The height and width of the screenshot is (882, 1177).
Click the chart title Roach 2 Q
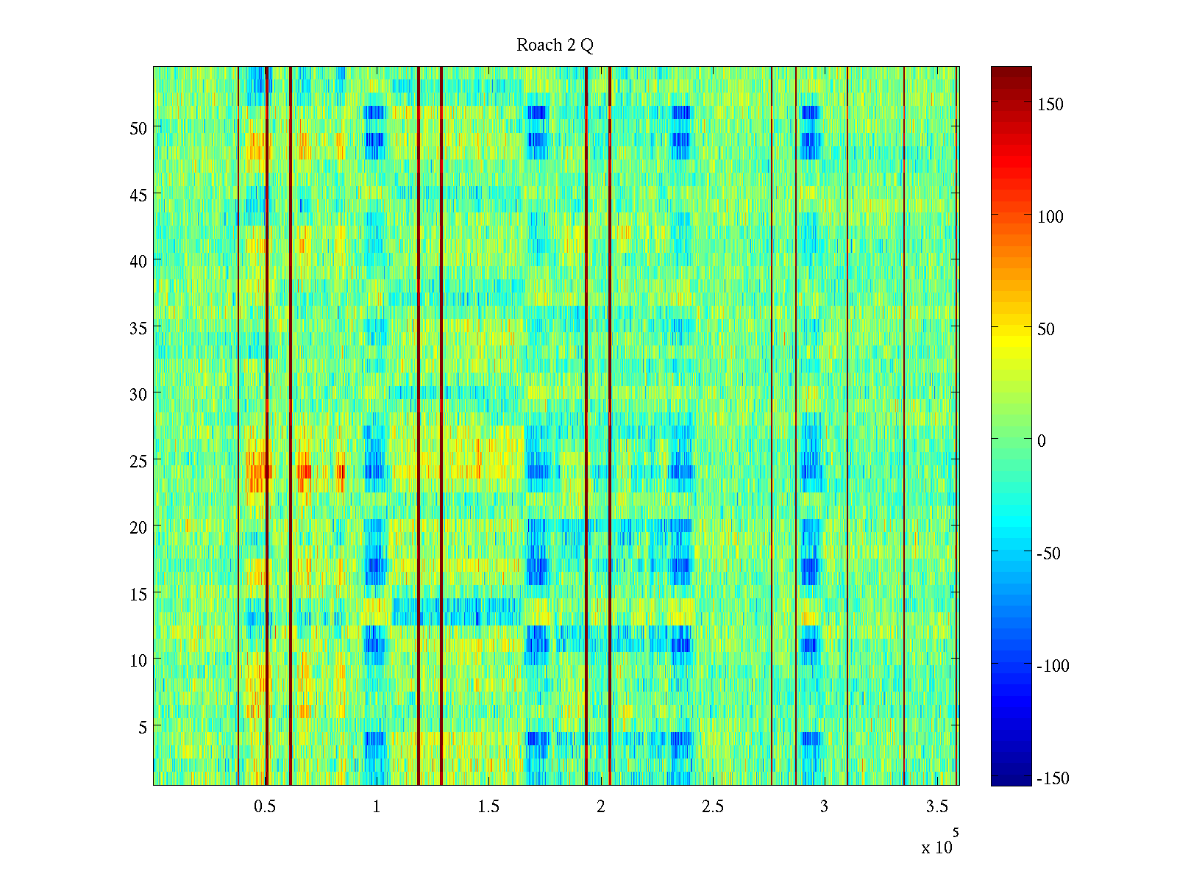tap(555, 46)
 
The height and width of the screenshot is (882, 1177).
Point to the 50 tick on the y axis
tap(138, 128)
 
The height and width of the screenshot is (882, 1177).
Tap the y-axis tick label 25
tap(138, 461)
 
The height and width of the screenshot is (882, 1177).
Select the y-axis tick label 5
tap(143, 727)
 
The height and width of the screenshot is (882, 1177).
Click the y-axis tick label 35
tap(138, 328)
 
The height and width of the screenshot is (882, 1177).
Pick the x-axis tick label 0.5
tap(265, 807)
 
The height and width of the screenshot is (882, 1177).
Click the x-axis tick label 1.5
tap(488, 807)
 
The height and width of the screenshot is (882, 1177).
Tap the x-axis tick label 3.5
tap(936, 807)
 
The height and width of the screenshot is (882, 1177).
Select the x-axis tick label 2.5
tap(712, 807)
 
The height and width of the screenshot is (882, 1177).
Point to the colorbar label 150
tap(1050, 104)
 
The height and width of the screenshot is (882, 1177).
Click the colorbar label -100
tap(1053, 667)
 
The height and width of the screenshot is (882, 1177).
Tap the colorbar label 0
tap(1041, 441)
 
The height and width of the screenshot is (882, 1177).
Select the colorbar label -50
tap(1049, 554)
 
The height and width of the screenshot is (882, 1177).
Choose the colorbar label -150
tap(1053, 779)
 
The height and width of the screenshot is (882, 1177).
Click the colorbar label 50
tap(1046, 329)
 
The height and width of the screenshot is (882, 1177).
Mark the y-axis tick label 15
tap(138, 594)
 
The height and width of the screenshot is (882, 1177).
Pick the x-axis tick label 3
tap(824, 807)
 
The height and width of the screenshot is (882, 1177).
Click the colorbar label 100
tap(1050, 217)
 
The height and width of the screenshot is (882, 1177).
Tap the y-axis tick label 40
tap(138, 261)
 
